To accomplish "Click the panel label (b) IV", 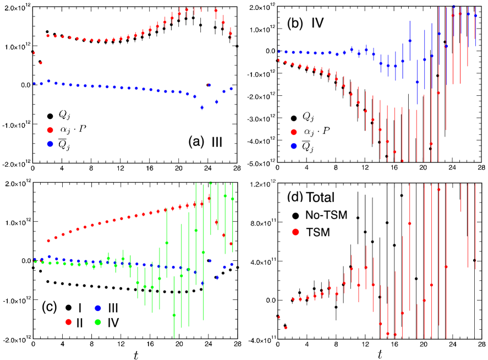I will [x=309, y=24].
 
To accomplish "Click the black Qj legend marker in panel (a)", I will [x=51, y=116].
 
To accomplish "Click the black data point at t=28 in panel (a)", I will [x=237, y=46].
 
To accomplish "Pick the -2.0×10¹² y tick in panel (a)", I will [x=15, y=164].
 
